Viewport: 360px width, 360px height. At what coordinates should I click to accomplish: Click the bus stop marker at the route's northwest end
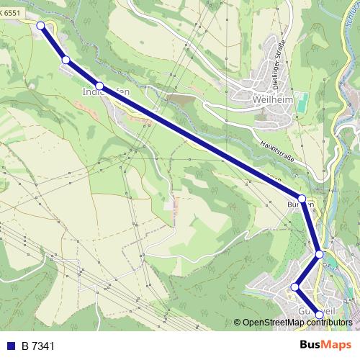pyautogui.click(x=41, y=26)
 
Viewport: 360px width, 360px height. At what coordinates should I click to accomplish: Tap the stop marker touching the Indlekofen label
pyautogui.click(x=99, y=86)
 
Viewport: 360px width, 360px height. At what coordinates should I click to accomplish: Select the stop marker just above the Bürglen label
pyautogui.click(x=302, y=198)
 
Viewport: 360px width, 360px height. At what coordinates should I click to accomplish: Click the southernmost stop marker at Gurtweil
pyautogui.click(x=320, y=315)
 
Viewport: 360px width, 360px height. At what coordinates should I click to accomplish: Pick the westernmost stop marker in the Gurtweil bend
pyautogui.click(x=294, y=287)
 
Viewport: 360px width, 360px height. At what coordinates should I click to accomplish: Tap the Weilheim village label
pyautogui.click(x=273, y=100)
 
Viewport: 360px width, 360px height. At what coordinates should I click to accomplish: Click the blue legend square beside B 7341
pyautogui.click(x=11, y=347)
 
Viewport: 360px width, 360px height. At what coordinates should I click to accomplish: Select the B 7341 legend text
pyautogui.click(x=38, y=347)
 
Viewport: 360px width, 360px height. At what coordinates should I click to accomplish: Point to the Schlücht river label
pyautogui.click(x=351, y=18)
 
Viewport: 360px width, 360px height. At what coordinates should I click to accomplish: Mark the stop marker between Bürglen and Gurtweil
pyautogui.click(x=319, y=254)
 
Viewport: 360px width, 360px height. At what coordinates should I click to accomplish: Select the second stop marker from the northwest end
pyautogui.click(x=66, y=60)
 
